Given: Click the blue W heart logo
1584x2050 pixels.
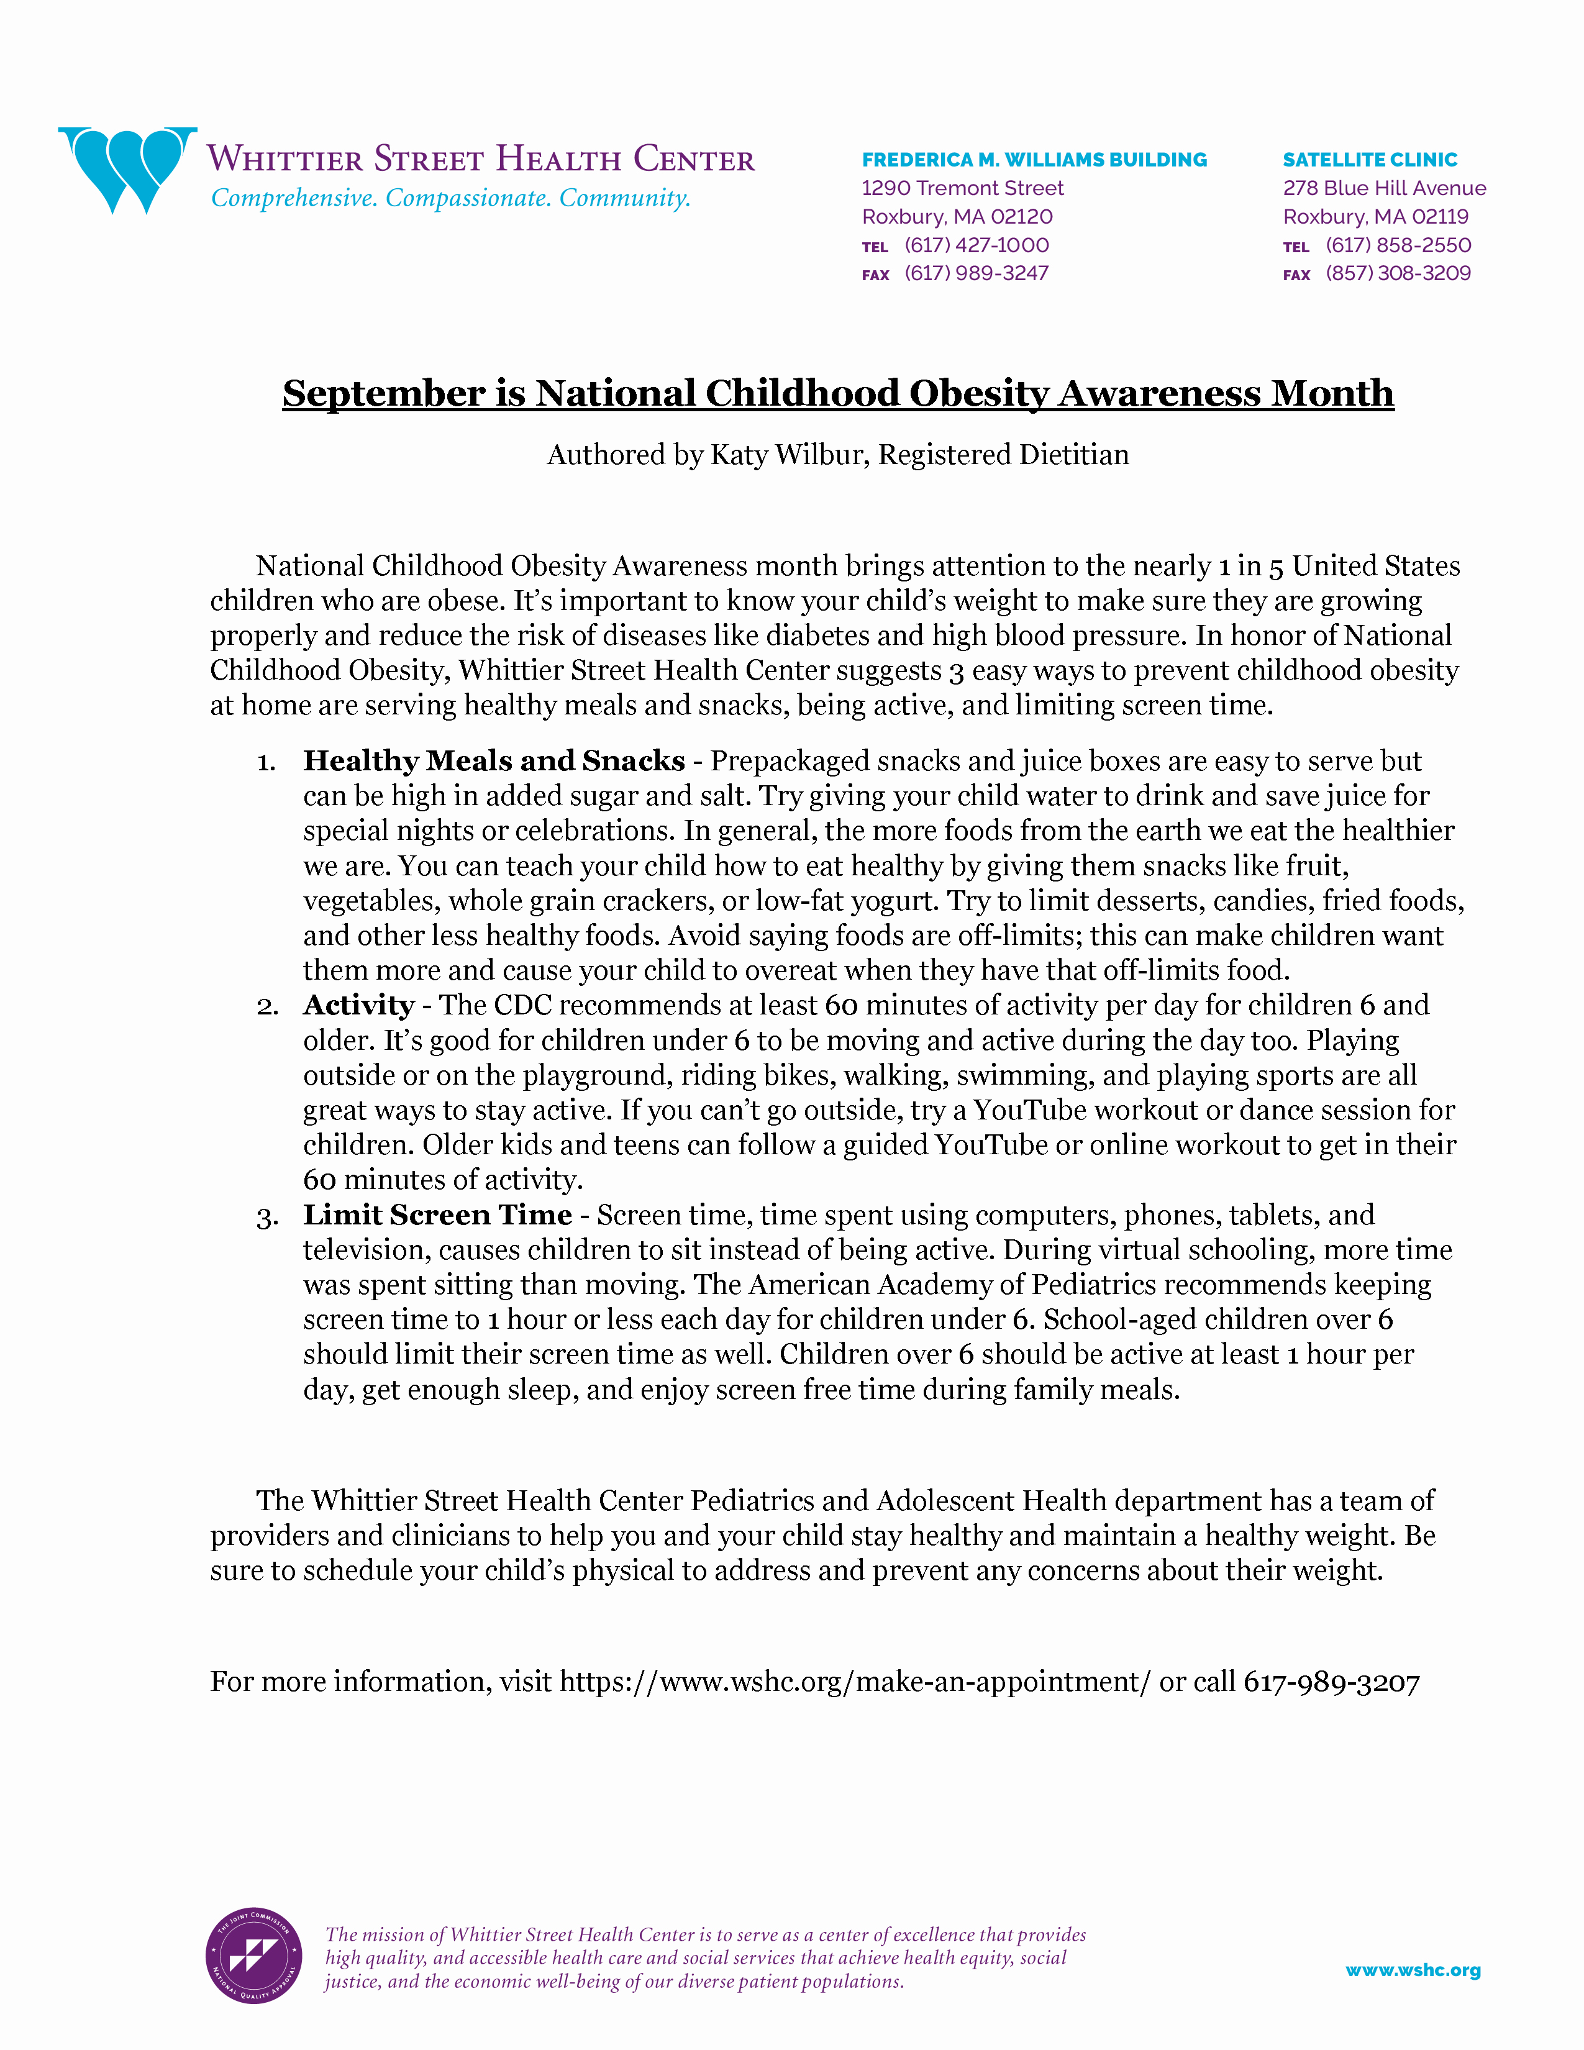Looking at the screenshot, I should [x=127, y=169].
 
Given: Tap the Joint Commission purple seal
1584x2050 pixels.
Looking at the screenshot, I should [x=253, y=1956].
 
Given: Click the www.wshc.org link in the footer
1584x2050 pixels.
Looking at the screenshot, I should [x=1413, y=1970].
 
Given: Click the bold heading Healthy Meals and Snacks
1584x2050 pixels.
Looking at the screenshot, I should [x=494, y=760].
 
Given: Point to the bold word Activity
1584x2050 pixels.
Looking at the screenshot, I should [x=358, y=1005].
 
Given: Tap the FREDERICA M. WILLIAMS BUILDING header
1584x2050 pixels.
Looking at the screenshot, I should [x=1034, y=160].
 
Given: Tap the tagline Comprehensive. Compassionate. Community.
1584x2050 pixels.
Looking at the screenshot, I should [x=450, y=198].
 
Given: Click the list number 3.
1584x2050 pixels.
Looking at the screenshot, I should [x=266, y=1218].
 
